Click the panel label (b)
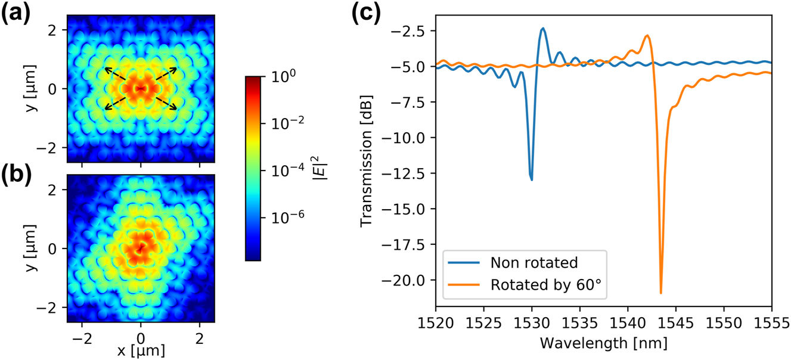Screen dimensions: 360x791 [18, 174]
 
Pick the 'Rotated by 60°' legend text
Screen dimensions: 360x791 [548, 285]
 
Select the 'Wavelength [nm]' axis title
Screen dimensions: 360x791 [603, 344]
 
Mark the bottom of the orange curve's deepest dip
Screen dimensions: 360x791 [661, 293]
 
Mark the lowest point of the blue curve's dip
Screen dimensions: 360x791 [531, 179]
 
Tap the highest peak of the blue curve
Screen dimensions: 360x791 [543, 28]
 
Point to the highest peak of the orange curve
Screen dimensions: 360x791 [647, 36]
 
